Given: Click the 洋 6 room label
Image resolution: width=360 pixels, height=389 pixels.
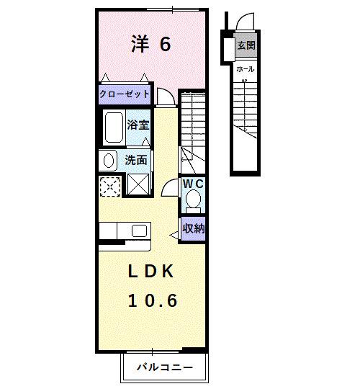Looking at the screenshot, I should [150, 45].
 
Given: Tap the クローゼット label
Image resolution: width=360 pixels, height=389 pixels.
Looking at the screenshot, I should [125, 94].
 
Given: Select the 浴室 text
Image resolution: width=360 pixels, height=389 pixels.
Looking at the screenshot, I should [138, 124].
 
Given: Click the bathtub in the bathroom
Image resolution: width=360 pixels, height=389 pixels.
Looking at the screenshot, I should [114, 128].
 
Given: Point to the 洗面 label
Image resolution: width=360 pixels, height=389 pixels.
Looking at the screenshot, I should [136, 160].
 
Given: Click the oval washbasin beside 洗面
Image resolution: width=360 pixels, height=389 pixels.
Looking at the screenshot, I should [109, 160].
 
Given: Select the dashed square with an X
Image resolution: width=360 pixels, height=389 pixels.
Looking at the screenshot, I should [110, 185].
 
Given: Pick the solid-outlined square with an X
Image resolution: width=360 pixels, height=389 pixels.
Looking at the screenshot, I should [136, 185].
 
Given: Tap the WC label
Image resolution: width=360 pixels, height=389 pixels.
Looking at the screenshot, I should [192, 184].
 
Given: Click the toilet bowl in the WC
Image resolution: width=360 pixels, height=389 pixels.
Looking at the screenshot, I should [192, 202].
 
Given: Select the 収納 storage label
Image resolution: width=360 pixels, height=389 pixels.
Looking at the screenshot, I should [192, 229].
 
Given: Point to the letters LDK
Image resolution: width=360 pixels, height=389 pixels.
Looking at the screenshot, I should [151, 272].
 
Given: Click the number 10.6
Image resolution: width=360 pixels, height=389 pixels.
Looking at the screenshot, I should [152, 300].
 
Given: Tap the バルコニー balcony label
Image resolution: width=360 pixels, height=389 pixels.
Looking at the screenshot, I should [165, 367].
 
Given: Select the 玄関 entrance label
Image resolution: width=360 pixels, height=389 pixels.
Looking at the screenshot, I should [246, 45].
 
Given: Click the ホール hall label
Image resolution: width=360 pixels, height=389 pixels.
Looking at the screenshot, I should [245, 68].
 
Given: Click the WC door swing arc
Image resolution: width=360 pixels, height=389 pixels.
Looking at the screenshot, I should [170, 187].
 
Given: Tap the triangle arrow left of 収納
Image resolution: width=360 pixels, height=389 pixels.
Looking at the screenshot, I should [173, 233].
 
